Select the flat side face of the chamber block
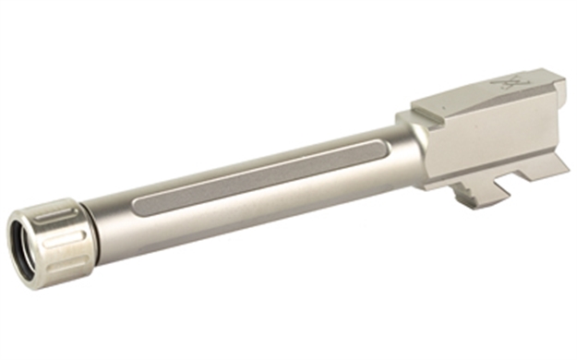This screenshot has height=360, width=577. pyautogui.click(x=480, y=138)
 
